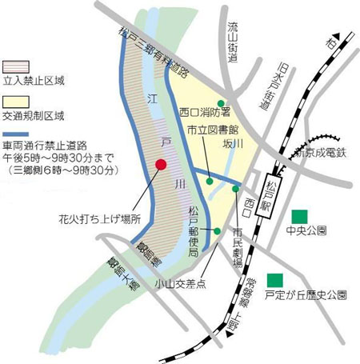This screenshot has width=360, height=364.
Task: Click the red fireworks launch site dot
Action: tap(161, 165)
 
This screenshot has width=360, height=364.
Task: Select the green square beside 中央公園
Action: tap(300, 215)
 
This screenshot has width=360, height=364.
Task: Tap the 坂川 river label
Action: tap(232, 143)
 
